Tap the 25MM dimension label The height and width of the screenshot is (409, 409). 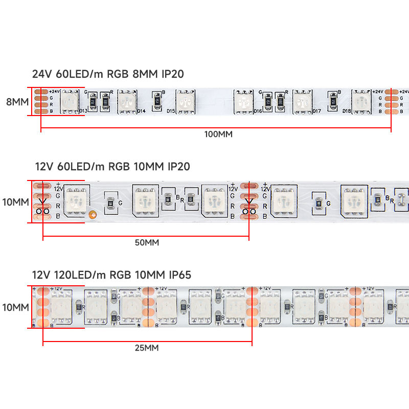click(146, 348)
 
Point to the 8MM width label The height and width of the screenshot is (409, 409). click(17, 102)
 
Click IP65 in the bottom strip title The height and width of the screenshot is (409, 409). click(178, 276)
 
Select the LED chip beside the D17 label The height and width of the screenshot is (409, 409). click(303, 101)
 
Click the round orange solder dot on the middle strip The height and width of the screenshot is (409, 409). click(93, 215)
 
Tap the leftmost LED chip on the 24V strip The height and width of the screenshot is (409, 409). click(69, 101)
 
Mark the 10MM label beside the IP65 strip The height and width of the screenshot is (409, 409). click(15, 307)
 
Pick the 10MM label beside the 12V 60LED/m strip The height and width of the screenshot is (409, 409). click(15, 202)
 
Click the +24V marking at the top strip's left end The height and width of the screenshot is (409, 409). click(55, 91)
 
